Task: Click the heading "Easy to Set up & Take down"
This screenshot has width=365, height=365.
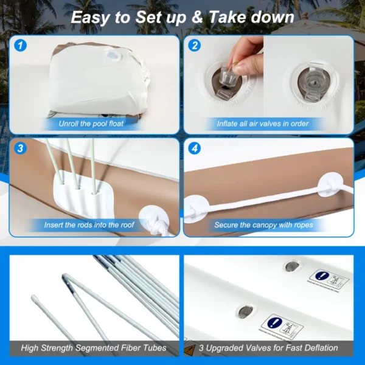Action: pos(182,16)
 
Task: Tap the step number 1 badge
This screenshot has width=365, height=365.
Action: pos(21,46)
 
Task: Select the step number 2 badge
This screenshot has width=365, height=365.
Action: pos(195,46)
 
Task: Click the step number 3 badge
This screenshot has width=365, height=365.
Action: pos(21,148)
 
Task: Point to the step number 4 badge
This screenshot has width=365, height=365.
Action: pos(195,148)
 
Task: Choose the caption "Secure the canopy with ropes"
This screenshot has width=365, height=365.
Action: pos(263,225)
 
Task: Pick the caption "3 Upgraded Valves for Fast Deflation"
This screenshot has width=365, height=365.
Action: pos(268,348)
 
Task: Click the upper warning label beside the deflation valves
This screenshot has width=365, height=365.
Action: pos(328,280)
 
